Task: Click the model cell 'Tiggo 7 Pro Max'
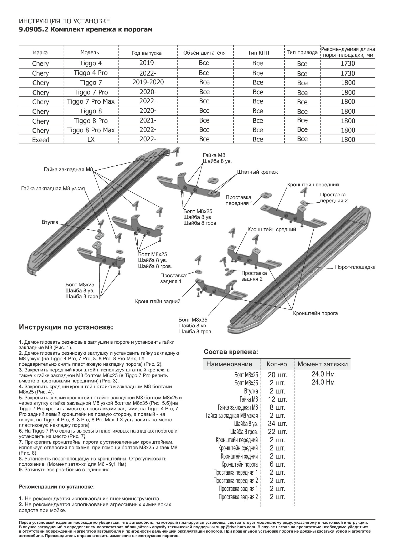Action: click(x=91, y=102)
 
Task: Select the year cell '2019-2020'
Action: click(x=148, y=82)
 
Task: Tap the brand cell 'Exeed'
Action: click(x=41, y=140)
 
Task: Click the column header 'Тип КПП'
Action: click(x=258, y=53)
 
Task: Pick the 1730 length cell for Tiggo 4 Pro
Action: click(x=348, y=73)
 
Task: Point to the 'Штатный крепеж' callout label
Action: click(x=257, y=172)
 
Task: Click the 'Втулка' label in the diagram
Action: click(x=50, y=222)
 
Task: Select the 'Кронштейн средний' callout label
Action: click(x=272, y=230)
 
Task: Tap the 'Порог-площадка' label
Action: click(x=355, y=267)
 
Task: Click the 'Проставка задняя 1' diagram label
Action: click(x=173, y=278)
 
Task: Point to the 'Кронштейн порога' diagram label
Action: click(x=315, y=313)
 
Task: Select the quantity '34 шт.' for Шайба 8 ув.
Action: click(x=277, y=424)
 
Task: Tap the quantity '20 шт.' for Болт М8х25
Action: click(x=277, y=375)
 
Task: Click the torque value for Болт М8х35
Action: click(x=323, y=382)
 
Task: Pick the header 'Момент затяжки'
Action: click(x=322, y=364)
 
